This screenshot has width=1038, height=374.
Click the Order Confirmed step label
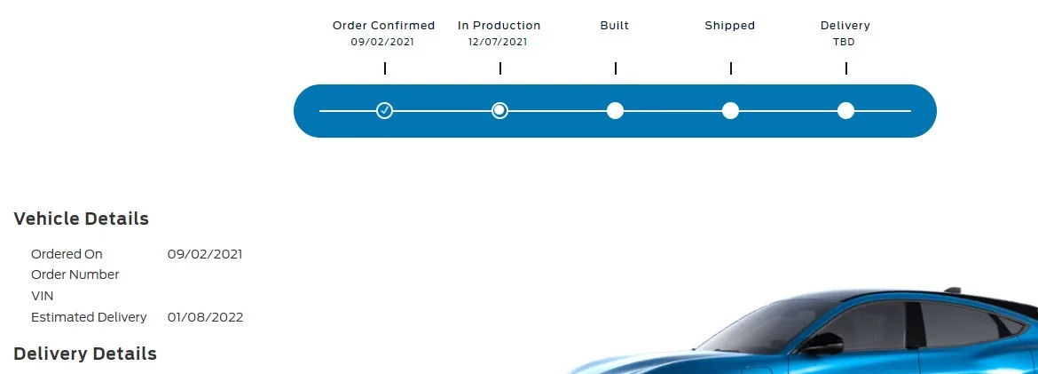click(383, 26)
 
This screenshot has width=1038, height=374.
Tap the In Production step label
click(499, 26)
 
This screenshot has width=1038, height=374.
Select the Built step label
click(614, 26)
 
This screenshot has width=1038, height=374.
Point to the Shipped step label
click(729, 26)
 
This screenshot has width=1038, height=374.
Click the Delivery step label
click(845, 26)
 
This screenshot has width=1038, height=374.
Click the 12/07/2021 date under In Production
click(498, 43)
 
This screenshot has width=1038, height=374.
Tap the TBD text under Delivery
click(844, 43)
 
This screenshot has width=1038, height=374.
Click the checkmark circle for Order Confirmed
click(385, 111)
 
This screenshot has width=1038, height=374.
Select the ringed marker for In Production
click(499, 111)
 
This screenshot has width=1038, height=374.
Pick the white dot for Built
click(615, 111)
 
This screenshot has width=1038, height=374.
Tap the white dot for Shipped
click(730, 111)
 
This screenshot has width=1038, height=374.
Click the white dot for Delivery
click(845, 111)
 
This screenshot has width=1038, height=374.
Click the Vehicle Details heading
click(81, 219)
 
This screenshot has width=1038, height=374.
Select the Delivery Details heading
click(85, 354)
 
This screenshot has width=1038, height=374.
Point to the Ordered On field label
click(67, 254)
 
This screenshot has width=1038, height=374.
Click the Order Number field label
click(75, 275)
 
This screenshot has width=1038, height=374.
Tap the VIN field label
click(43, 296)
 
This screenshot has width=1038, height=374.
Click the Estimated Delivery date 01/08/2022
click(205, 318)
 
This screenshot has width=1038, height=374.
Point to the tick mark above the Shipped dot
click(731, 68)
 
